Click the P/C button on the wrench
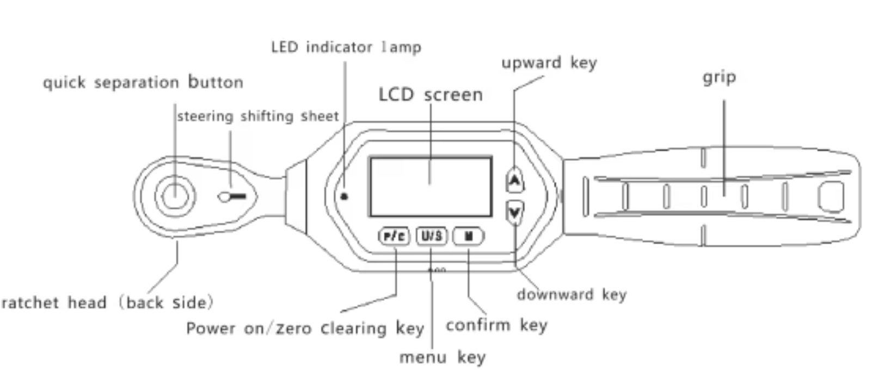click(x=394, y=236)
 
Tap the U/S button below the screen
click(x=431, y=236)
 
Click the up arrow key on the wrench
click(x=515, y=181)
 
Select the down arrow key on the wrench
click(x=515, y=212)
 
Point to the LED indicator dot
click(x=344, y=196)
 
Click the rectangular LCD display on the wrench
click(x=431, y=187)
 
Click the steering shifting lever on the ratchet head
click(x=232, y=196)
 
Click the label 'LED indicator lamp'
click(x=346, y=47)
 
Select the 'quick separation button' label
click(x=143, y=83)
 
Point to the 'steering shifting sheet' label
click(x=257, y=116)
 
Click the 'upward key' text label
click(x=549, y=63)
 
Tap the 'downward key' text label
click(x=572, y=295)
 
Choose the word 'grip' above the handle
click(x=719, y=77)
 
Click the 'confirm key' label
click(x=496, y=325)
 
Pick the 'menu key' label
click(x=442, y=357)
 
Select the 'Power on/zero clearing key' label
click(x=305, y=329)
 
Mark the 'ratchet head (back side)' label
click(x=108, y=303)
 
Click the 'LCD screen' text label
click(x=431, y=95)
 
